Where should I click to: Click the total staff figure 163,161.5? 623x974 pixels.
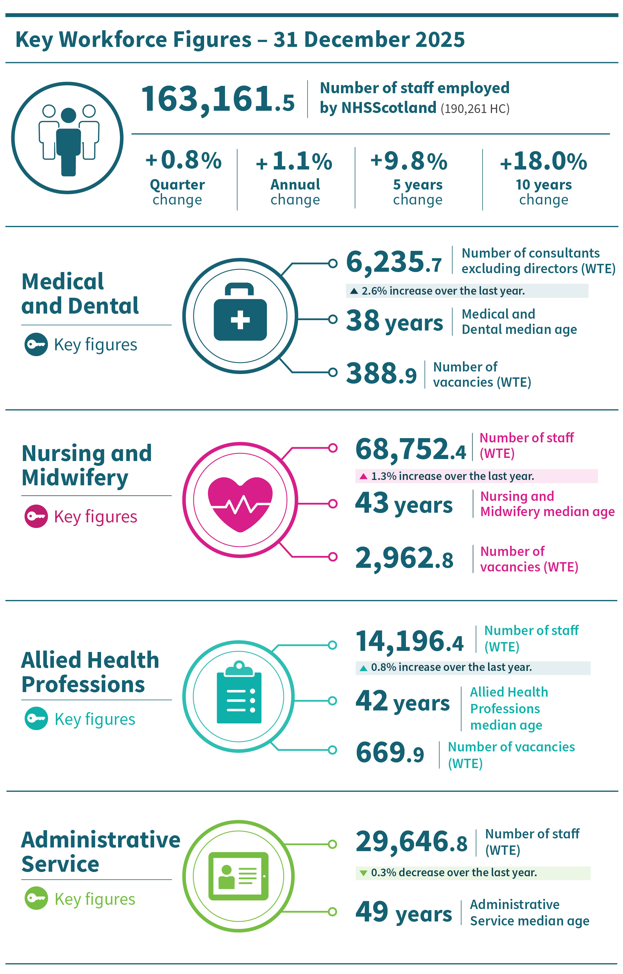point(217,99)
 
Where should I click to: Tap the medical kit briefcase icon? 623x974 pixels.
point(240,312)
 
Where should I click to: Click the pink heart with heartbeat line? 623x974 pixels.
point(240,504)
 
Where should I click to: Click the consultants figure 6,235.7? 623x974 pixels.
point(393,262)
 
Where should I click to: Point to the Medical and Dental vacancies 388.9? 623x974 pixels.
point(381,373)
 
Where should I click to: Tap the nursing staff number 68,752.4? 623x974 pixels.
point(410,449)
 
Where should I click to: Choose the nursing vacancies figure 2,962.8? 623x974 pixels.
point(404,558)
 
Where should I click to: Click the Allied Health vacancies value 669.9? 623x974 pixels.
point(390,753)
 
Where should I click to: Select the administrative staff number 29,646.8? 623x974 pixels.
point(411,842)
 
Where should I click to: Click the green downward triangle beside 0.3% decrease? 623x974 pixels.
point(363,873)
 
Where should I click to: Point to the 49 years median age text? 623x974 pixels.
point(403,912)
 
